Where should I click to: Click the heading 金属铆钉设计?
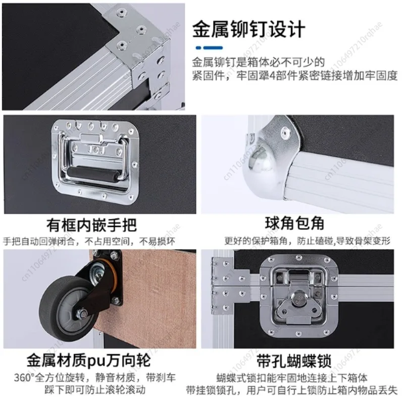point(248,29)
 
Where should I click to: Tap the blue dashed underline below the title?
point(209,48)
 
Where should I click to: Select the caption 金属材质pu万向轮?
point(88,361)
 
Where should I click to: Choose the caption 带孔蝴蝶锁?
point(293,361)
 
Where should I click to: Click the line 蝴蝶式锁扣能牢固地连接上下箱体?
point(292,377)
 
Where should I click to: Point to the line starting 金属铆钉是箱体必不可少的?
point(258,63)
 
